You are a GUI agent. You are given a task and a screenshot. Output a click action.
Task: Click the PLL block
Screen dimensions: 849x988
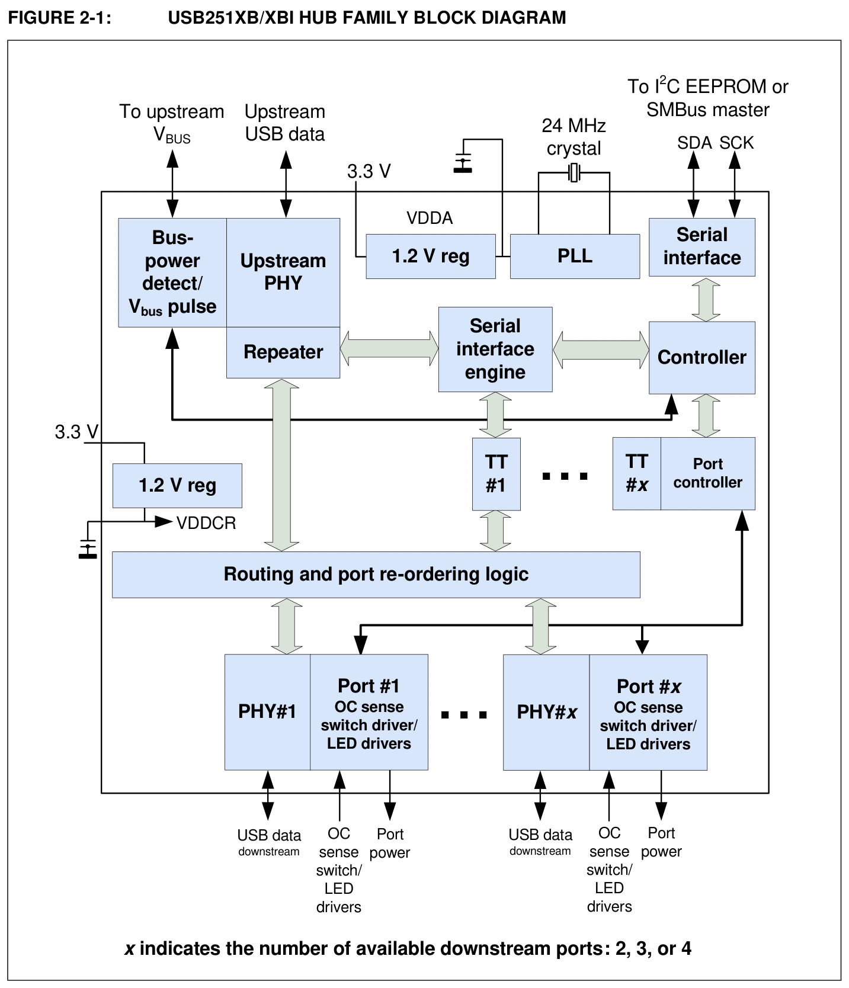575,256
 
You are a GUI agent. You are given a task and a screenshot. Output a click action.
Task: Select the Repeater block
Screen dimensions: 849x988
283,352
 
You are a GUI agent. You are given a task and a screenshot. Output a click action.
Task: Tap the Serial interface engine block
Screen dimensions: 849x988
495,349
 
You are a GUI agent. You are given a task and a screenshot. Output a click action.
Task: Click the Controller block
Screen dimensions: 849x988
702,357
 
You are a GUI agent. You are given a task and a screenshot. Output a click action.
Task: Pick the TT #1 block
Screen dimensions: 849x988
496,474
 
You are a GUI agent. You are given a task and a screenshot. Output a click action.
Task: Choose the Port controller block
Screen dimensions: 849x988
708,473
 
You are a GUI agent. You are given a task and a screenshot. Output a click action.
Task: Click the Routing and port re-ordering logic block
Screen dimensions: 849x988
376,575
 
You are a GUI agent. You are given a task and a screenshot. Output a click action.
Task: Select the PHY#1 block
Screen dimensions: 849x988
267,712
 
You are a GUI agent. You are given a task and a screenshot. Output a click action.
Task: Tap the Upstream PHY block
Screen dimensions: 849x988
283,272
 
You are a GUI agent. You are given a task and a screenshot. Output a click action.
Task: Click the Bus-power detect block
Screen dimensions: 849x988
172,272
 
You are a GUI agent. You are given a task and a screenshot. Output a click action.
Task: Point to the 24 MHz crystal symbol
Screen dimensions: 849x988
574,173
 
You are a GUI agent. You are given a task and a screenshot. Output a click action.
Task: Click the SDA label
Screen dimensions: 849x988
694,143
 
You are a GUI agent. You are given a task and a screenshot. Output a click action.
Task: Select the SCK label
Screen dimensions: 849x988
736,143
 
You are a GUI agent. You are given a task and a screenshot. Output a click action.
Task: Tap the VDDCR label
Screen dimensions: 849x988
206,523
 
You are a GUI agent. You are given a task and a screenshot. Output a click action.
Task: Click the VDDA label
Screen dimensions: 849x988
430,218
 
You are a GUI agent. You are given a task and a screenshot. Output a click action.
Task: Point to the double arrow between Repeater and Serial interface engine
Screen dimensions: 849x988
389,349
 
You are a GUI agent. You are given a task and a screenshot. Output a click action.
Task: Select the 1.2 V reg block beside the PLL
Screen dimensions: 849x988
431,256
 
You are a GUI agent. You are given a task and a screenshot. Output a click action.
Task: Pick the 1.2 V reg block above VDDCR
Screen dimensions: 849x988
177,486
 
